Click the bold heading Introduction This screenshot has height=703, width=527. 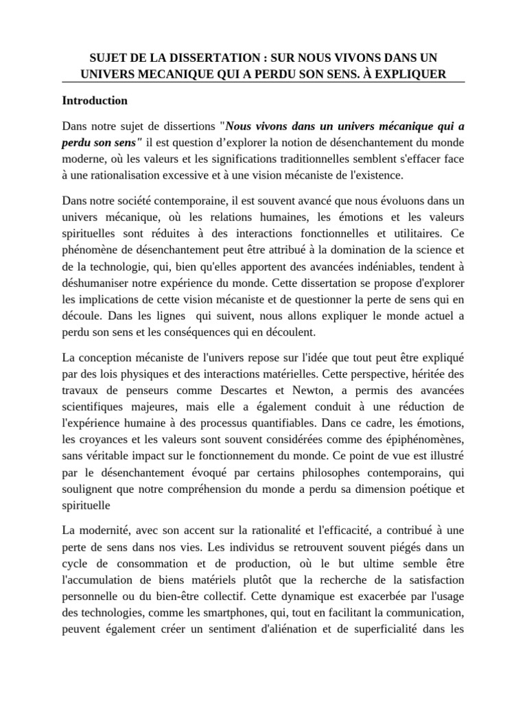95,100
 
